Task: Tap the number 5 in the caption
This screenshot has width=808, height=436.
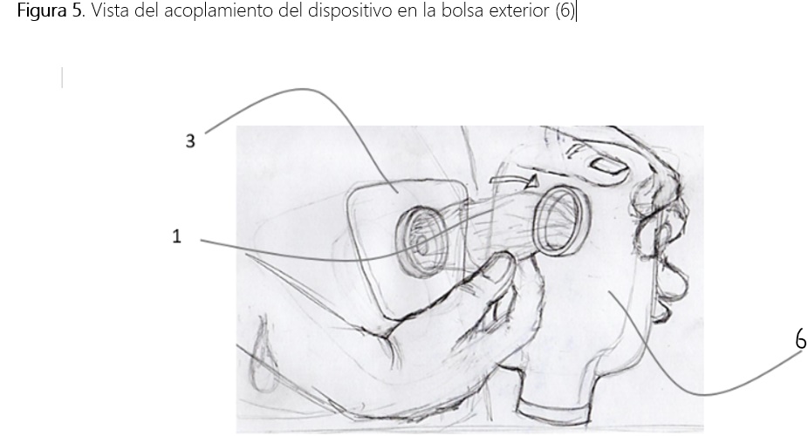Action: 77,10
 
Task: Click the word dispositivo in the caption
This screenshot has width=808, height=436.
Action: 349,10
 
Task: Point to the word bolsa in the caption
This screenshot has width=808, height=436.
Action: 462,10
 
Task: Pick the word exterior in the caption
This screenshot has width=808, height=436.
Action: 519,10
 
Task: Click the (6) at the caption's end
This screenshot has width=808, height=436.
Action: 565,10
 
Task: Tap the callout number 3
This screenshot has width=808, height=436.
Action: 190,141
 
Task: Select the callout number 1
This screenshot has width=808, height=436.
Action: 176,236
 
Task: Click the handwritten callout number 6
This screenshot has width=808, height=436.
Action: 801,340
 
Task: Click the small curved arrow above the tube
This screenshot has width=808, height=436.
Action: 514,181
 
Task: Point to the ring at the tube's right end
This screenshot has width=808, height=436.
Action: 562,221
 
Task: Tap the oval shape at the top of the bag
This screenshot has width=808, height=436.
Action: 608,166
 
